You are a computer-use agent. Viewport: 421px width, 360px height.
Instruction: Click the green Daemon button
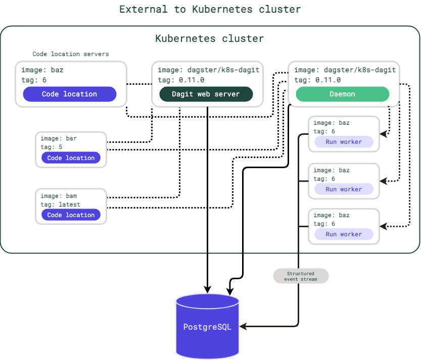[342, 94]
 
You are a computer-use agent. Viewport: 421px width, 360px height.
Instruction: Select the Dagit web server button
[206, 94]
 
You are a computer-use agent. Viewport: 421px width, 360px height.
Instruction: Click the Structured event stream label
[301, 276]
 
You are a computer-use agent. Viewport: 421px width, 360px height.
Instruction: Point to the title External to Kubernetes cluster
[210, 9]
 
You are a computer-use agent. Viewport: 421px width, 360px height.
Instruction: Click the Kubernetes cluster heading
[209, 38]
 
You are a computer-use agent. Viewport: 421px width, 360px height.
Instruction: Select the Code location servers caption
[71, 54]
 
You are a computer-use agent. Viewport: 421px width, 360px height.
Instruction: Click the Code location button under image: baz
[69, 94]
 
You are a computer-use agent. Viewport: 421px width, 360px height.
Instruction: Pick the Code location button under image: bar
[71, 158]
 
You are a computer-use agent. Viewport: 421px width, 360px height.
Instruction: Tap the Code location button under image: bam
[71, 215]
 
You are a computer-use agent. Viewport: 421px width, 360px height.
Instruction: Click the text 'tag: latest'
[60, 204]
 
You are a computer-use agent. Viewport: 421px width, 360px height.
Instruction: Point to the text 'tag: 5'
[52, 147]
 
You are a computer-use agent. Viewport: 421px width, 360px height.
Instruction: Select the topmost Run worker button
[344, 142]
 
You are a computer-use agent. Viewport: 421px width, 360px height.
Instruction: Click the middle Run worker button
[344, 189]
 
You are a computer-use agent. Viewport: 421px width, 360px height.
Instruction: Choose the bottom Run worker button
[344, 234]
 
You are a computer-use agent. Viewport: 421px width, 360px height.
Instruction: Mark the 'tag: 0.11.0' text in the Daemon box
[317, 80]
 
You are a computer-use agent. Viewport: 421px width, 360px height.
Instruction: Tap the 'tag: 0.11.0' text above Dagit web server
[181, 80]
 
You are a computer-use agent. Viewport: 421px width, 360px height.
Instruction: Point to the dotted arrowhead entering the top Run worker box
[384, 134]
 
